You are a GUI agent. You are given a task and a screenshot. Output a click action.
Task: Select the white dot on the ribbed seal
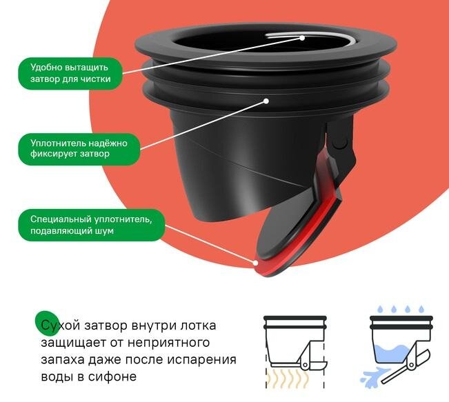pos(267,101)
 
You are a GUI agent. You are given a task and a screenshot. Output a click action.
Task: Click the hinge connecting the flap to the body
pos(338,141)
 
